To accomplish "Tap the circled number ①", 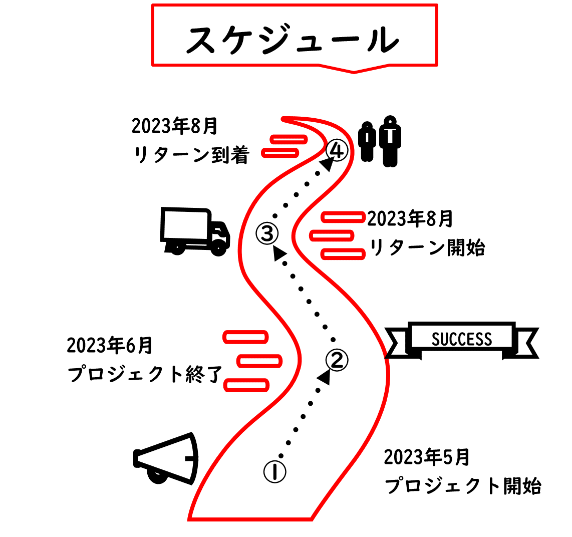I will [274, 471].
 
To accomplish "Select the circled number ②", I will [337, 359].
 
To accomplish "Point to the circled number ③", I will [267, 232].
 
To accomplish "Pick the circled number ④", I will [336, 150].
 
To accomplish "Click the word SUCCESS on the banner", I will [462, 339].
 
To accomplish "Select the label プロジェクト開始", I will [463, 486].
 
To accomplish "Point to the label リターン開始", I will [427, 247].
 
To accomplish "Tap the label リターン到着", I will [191, 155].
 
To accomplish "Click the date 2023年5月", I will [427, 457].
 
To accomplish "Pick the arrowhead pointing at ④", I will [328, 164].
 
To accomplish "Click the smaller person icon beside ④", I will [368, 141].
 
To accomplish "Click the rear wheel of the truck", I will [175, 248].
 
